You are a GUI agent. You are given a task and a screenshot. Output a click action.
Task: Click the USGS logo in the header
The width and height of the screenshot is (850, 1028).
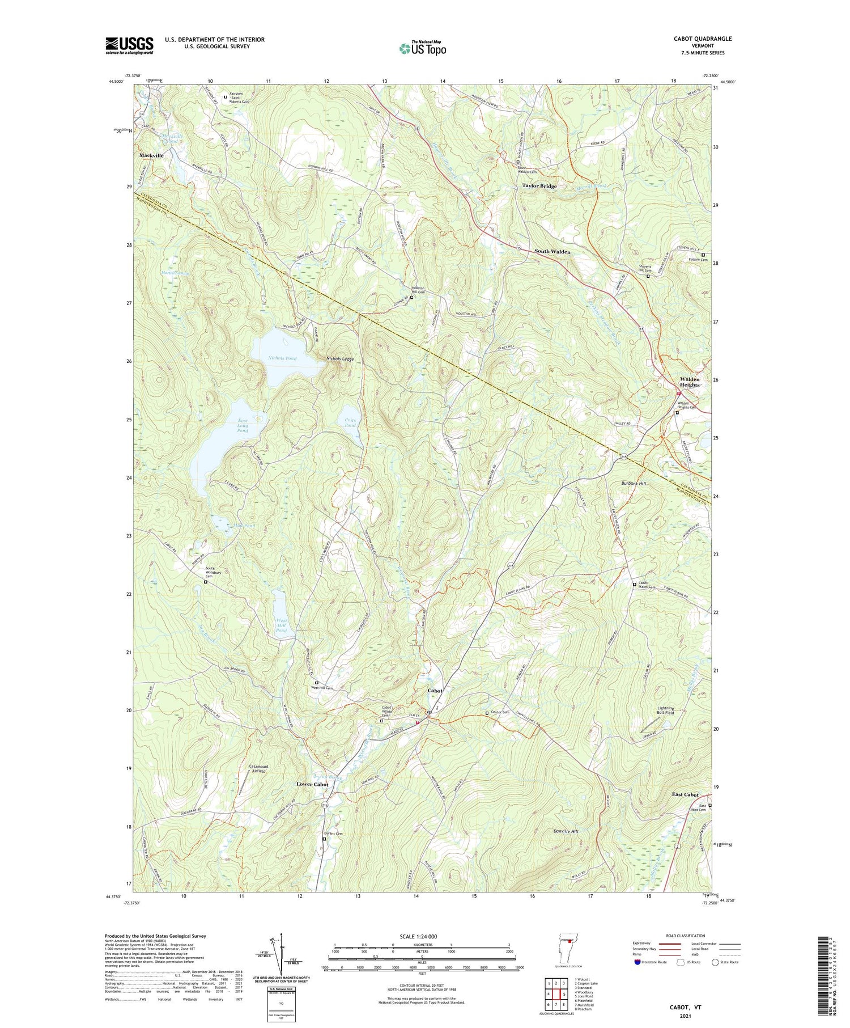(129, 45)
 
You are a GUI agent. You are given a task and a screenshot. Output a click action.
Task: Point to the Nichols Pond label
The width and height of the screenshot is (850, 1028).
(282, 358)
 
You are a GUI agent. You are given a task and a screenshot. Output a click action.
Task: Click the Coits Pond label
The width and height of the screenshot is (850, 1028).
(350, 422)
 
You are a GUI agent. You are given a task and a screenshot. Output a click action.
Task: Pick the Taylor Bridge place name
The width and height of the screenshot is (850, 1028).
(539, 186)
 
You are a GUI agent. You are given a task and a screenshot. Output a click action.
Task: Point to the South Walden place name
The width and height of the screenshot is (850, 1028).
(552, 251)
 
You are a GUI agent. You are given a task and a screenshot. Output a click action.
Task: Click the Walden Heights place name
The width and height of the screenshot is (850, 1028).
(690, 382)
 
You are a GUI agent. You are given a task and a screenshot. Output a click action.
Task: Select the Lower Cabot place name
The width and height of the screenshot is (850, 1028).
(312, 784)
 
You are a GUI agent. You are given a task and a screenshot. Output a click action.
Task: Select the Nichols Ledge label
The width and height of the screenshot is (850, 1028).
(340, 359)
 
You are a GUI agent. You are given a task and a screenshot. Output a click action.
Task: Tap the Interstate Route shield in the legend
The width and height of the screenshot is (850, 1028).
(637, 962)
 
